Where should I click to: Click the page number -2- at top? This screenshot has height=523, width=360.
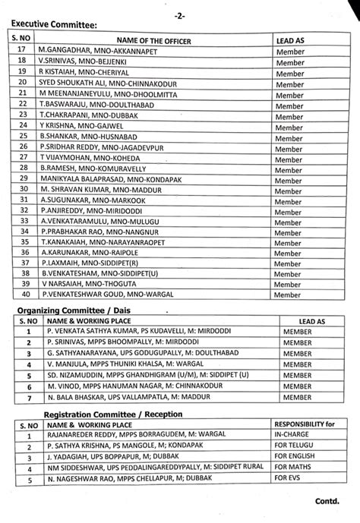[x=180, y=11]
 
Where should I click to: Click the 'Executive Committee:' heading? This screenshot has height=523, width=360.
[x=55, y=25]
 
